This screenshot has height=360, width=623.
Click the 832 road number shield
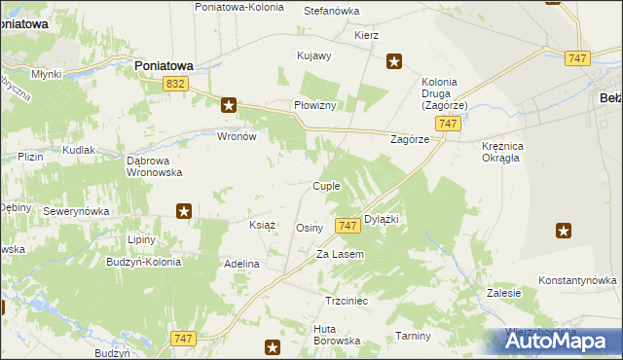coord(175,86)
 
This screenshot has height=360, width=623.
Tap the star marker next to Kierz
coord(394,61)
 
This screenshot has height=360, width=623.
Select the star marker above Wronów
coord(229,105)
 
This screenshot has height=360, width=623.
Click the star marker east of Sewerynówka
coord(183,210)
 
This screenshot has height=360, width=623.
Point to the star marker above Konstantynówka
coord(564,231)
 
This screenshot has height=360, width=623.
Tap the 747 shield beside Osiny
coord(348,226)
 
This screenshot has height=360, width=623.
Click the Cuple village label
coord(325,186)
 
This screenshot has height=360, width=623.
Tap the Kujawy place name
coord(314,55)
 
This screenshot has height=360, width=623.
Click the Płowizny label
coord(314,105)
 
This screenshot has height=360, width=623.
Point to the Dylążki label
coord(382,220)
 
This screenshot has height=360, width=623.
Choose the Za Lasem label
coord(340,254)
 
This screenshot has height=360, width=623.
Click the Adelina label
coord(241,264)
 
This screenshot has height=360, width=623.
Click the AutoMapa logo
coord(560,341)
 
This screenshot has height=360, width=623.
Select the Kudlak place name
coord(79,151)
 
